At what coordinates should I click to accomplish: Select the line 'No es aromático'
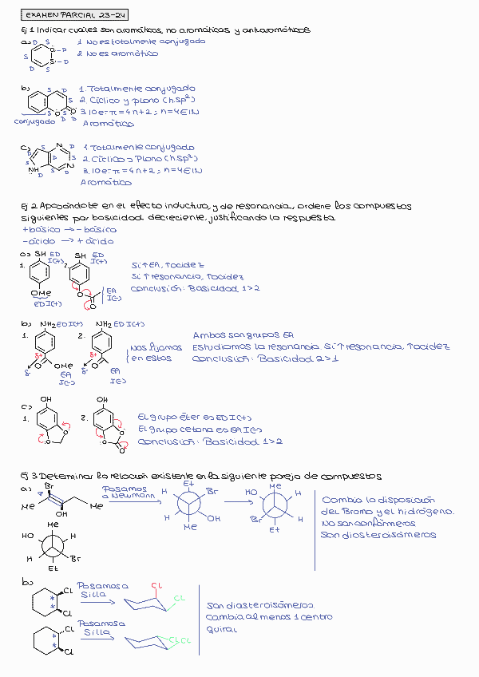(x=121, y=53)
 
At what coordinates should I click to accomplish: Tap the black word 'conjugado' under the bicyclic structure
(x=34, y=121)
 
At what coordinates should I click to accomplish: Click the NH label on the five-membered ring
(x=33, y=169)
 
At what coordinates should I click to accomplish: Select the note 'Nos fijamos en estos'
(x=156, y=353)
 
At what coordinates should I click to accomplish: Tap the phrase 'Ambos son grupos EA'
(x=239, y=335)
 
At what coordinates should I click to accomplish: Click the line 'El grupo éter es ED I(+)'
(x=194, y=418)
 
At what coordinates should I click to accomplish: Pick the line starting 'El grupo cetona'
(x=198, y=430)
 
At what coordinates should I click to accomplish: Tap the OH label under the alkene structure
(x=61, y=514)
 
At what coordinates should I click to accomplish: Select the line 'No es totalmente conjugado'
(x=141, y=41)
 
